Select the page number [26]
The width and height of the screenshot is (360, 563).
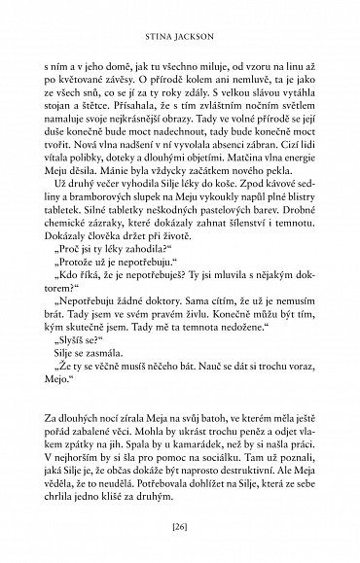[x=179, y=530]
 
